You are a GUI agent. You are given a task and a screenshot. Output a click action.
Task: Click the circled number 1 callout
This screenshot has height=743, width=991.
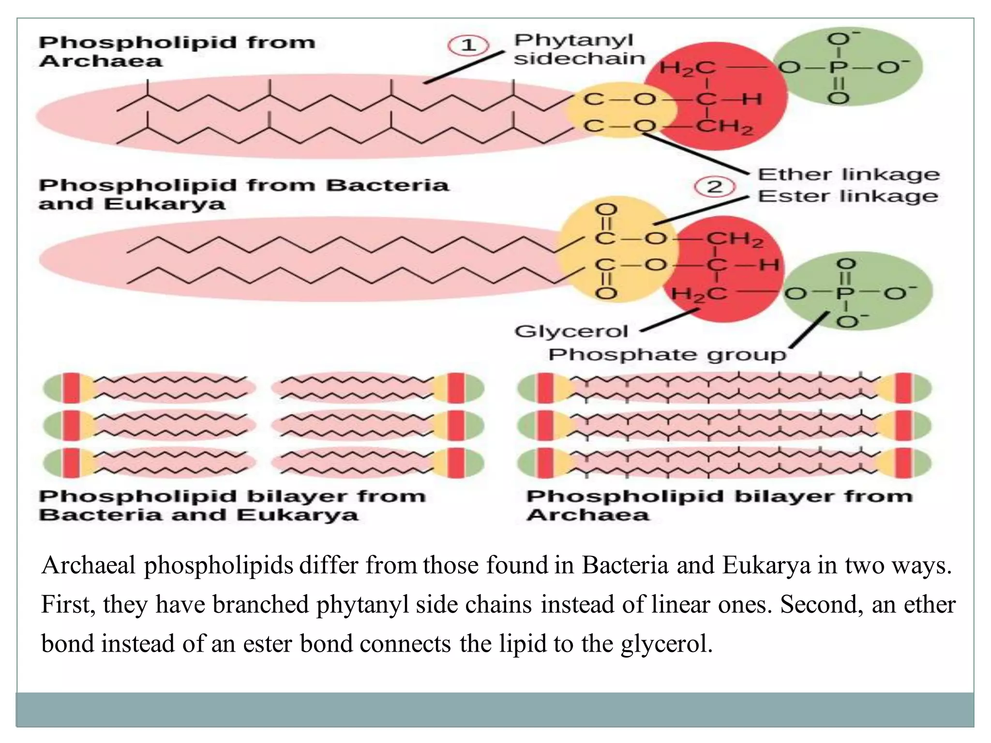[x=468, y=46]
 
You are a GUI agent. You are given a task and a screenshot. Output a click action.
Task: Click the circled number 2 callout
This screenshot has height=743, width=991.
[x=715, y=187]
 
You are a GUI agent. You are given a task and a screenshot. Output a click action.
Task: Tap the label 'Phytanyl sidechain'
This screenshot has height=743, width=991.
[x=579, y=49]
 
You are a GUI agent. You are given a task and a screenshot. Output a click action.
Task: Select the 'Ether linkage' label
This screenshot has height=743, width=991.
[x=848, y=174]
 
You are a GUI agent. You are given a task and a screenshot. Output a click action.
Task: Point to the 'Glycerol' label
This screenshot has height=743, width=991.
[x=571, y=331]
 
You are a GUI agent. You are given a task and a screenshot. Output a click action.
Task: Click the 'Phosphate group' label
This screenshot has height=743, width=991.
[x=667, y=355]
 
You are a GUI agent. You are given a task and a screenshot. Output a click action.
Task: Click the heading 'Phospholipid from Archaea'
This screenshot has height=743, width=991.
[x=177, y=52]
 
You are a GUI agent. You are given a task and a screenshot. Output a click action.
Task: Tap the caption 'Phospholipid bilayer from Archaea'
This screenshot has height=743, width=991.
[x=719, y=505]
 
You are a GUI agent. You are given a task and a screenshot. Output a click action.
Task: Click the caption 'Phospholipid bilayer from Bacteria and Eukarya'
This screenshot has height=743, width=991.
[x=232, y=505]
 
